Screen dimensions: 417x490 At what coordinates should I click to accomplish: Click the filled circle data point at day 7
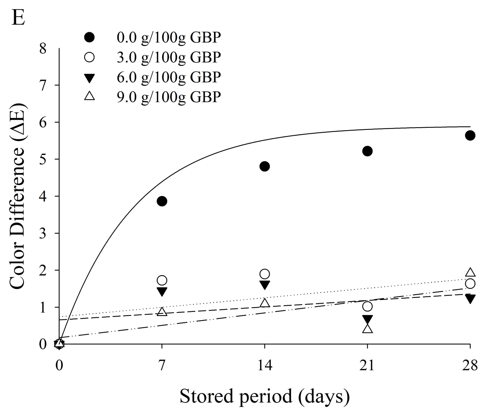162,201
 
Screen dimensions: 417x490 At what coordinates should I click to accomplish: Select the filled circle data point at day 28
470,136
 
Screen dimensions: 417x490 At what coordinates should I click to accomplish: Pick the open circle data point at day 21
368,306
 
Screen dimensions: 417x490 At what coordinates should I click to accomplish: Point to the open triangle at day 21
368,329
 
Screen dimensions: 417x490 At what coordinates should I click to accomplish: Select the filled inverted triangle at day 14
265,284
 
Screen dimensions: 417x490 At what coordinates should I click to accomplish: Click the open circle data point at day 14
265,274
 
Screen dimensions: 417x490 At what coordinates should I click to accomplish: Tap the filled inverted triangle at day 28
470,298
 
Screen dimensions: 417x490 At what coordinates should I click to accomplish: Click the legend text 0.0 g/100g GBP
169,38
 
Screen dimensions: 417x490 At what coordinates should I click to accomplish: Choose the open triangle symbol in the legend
89,97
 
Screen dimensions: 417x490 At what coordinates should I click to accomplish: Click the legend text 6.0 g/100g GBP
169,77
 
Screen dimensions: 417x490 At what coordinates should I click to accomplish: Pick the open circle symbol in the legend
89,57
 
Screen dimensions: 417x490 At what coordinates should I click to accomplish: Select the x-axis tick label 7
162,365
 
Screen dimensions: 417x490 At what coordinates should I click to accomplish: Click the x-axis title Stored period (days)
265,397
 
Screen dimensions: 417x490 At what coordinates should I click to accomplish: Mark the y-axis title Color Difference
18,197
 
